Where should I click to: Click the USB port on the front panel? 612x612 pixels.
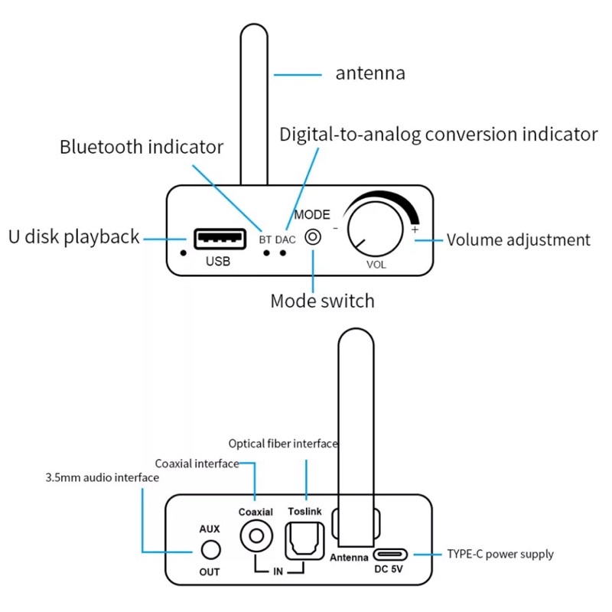point(220,239)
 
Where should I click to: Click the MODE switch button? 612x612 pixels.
point(313,237)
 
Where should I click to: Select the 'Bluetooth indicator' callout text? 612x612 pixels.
point(142,147)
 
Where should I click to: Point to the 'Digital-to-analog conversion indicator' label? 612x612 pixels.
point(438,135)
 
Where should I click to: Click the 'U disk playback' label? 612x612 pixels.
point(74,236)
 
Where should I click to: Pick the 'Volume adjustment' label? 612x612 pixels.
point(519,239)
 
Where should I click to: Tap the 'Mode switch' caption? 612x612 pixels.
point(322,301)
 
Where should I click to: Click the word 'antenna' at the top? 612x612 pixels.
point(370,73)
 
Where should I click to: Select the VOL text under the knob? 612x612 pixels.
point(376,265)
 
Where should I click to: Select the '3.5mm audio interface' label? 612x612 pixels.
point(102,478)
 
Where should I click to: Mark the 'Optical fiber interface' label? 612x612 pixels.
point(284,444)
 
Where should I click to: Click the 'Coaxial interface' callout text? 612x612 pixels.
point(197,463)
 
